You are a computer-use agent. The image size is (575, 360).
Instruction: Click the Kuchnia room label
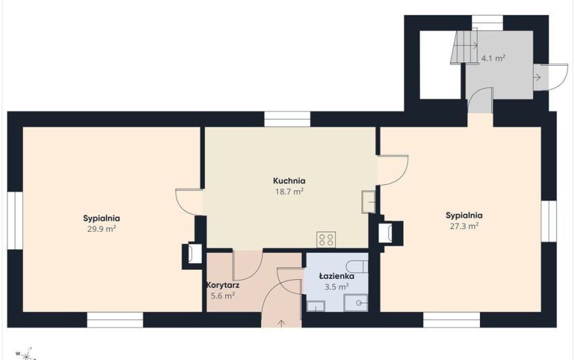click(289, 181)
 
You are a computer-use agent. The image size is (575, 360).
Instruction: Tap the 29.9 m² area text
click(102, 229)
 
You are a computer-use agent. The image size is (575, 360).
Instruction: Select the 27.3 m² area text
click(464, 226)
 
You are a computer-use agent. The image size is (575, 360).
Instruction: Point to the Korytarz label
click(223, 285)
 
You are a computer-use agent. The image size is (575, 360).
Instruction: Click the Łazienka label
click(336, 276)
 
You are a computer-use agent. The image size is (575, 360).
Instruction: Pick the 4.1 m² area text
click(493, 58)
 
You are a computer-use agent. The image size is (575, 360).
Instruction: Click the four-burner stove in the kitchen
click(326, 240)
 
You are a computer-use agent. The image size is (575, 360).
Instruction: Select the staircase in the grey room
click(465, 47)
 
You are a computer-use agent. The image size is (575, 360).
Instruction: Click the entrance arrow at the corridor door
click(281, 324)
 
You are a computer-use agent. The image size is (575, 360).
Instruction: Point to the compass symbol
click(26, 354)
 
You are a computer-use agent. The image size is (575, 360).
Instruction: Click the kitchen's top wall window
click(287, 119)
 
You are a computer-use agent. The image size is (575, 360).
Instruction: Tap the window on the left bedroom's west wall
click(15, 220)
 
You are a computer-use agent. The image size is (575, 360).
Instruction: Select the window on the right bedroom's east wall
click(549, 221)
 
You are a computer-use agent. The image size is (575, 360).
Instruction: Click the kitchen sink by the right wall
click(369, 201)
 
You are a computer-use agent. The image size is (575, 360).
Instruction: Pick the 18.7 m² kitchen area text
click(290, 191)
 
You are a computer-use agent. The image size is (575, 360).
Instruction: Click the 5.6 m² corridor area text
click(223, 296)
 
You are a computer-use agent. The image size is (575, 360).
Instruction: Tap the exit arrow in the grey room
click(537, 78)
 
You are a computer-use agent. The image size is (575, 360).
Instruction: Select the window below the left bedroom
click(115, 320)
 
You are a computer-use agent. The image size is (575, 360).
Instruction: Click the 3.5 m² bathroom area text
click(336, 287)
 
